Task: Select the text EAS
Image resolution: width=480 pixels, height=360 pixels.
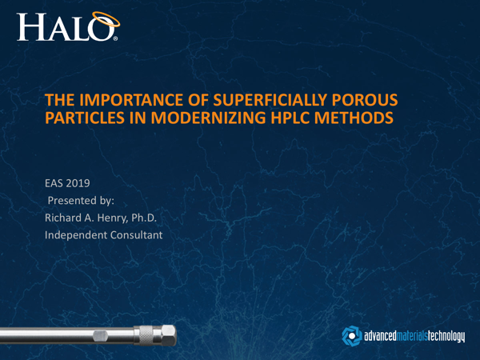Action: point(56,183)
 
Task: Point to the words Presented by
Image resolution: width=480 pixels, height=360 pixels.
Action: point(82,200)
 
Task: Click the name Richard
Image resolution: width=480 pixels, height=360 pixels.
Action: point(67,218)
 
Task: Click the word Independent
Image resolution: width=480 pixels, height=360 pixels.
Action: point(78,234)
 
